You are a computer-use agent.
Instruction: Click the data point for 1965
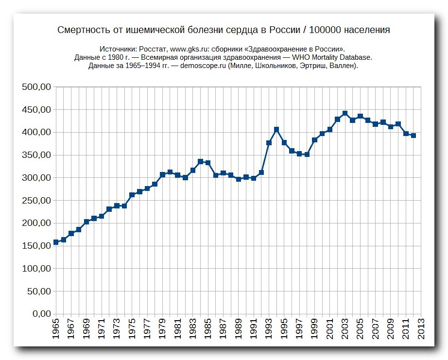pos(56,242)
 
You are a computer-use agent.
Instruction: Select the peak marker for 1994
pos(276,129)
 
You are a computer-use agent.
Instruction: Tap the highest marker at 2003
pos(345,113)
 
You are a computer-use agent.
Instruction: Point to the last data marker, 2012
pos(414,136)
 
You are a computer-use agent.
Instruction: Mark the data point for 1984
pos(201,161)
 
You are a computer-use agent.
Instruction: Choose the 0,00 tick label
pos(42,314)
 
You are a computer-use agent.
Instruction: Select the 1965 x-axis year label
pos(56,329)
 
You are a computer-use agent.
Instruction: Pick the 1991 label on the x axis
pos(254,329)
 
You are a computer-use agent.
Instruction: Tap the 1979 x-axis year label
pos(162,329)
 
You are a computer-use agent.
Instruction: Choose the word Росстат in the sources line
pos(153,49)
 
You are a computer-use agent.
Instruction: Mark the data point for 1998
pos(307,154)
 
